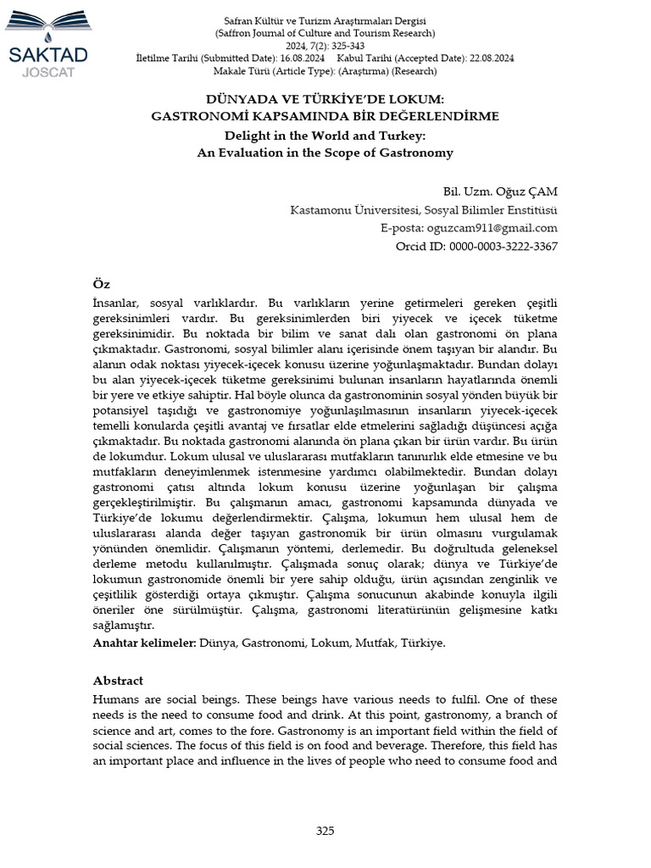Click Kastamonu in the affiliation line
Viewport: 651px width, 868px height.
pos(325,209)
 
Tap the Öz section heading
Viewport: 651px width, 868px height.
pos(101,283)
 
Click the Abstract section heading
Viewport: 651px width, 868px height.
pos(118,680)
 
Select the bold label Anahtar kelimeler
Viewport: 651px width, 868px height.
pos(144,643)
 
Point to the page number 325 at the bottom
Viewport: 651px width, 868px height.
pos(325,831)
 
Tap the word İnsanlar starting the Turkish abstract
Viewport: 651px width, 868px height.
pos(116,302)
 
